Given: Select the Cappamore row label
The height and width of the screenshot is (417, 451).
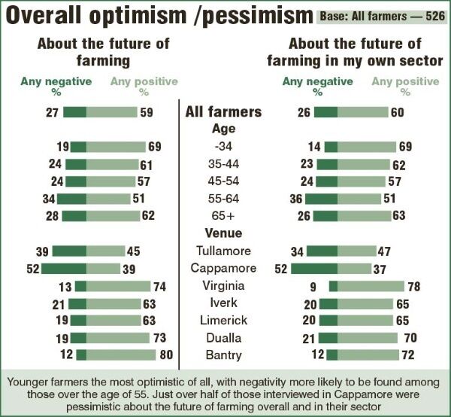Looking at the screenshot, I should pyautogui.click(x=223, y=268).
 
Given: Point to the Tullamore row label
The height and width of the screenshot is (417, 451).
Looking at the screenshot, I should pyautogui.click(x=223, y=251).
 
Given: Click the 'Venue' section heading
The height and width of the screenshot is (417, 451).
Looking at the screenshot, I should pyautogui.click(x=223, y=233).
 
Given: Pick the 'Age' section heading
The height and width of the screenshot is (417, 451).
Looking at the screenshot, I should pyautogui.click(x=223, y=129).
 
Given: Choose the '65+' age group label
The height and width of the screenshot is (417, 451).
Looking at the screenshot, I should pyautogui.click(x=223, y=216).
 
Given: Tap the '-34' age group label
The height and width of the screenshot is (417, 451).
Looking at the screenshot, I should pyautogui.click(x=223, y=146).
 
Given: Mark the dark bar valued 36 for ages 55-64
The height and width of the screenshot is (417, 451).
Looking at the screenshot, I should pyautogui.click(x=321, y=199).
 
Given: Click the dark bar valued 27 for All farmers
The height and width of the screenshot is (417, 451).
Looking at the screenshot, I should pyautogui.click(x=74, y=112).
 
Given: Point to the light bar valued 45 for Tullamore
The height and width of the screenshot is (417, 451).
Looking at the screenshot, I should pyautogui.click(x=104, y=251).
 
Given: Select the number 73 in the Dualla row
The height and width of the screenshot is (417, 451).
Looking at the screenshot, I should pyautogui.click(x=159, y=337).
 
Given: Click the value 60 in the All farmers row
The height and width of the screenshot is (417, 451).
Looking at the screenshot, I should pyautogui.click(x=398, y=112).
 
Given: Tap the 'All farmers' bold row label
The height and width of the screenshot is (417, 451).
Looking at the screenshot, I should pyautogui.click(x=223, y=112).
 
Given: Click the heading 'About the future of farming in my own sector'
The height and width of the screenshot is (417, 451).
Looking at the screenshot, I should pyautogui.click(x=365, y=51).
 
